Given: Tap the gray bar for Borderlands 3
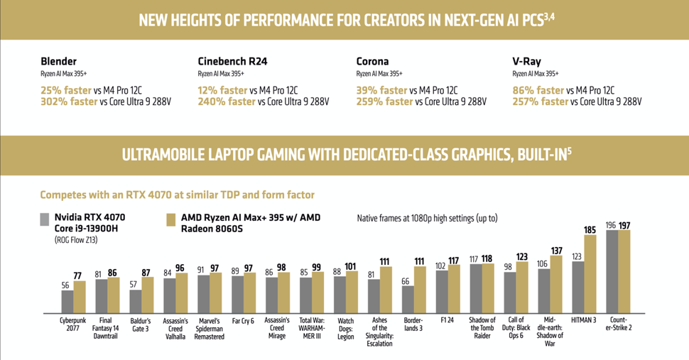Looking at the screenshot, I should tap(408, 299).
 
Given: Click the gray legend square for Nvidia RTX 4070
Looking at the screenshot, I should tap(45, 219).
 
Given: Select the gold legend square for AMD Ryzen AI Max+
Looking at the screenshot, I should tap(170, 219).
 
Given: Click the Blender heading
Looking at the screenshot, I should tap(59, 62).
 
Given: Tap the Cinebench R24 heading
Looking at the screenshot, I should tap(232, 62).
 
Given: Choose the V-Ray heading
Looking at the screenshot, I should tap(527, 62).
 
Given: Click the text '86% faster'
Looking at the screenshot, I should tap(539, 90).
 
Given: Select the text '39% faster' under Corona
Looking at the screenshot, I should tap(382, 90).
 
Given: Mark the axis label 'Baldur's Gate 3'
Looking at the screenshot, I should tap(141, 324).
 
